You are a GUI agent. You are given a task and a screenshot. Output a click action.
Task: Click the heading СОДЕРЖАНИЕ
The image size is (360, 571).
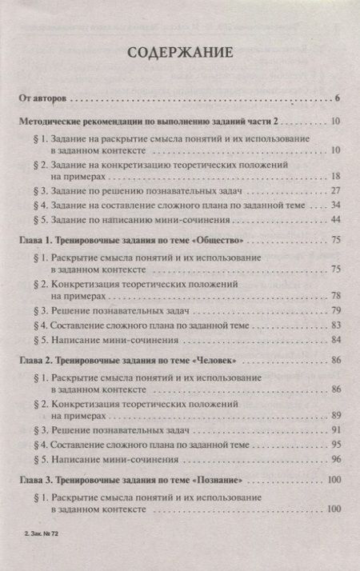point(179,54)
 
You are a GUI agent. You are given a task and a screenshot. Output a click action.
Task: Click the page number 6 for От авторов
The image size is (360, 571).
point(339,98)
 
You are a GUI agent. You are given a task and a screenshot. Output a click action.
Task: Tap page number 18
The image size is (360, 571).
point(336,175)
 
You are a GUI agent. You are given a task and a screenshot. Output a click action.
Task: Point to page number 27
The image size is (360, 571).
point(336,191)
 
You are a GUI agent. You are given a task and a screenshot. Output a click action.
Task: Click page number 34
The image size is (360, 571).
point(336,206)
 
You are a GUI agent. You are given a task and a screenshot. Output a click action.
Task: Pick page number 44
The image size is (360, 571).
point(336,220)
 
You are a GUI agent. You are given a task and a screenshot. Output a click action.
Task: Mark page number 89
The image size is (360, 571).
point(336,415)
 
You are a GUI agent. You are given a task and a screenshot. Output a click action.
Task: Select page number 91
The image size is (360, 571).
point(336,430)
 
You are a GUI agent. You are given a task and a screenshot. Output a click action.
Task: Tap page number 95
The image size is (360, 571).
point(336,445)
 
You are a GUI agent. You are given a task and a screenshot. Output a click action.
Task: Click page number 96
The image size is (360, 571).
point(336,459)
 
